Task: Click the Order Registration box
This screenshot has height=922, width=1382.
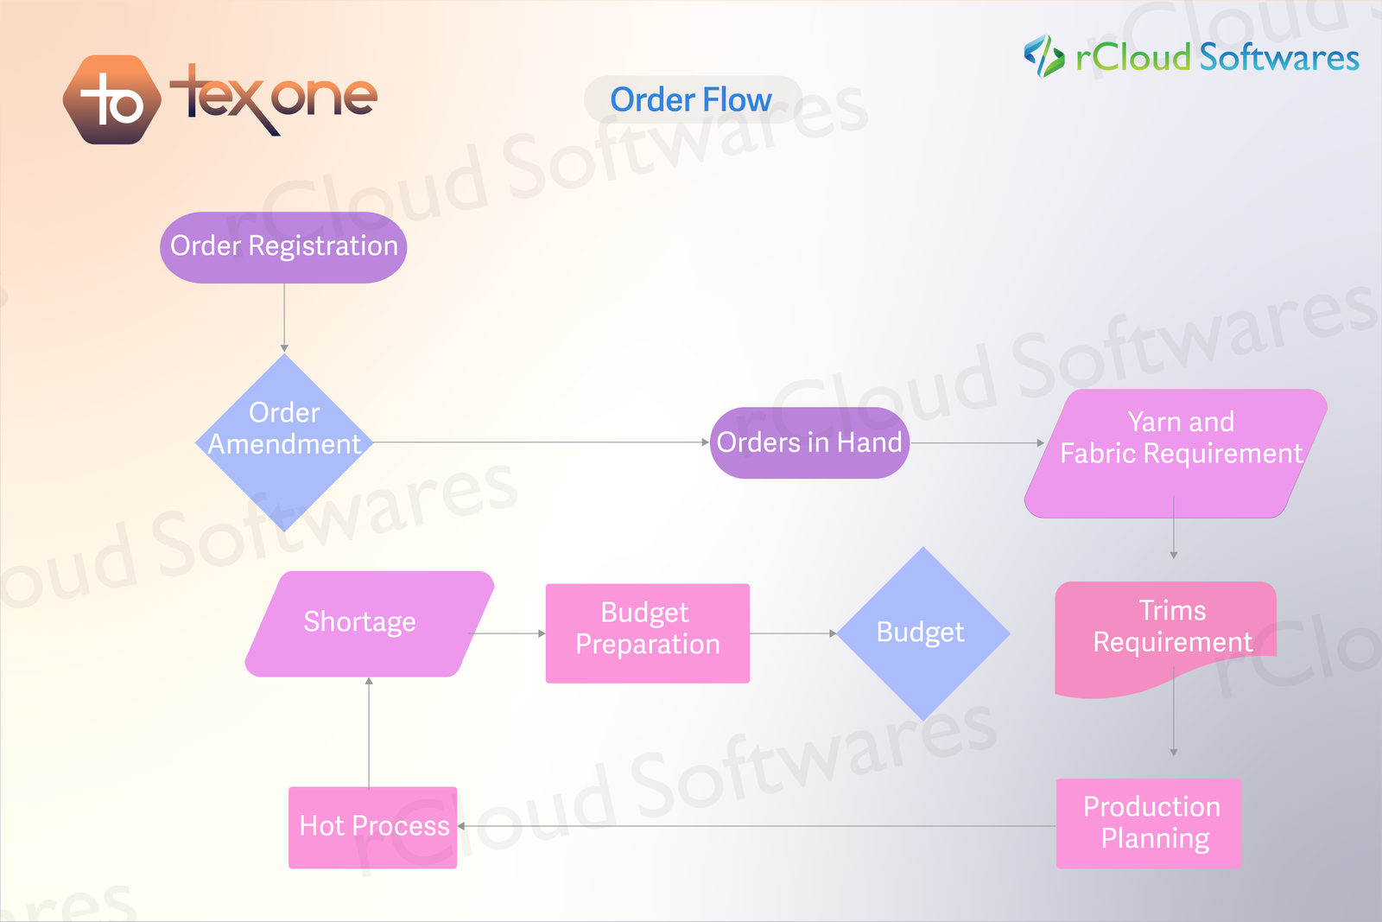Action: [283, 247]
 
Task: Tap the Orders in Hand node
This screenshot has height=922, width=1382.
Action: [809, 442]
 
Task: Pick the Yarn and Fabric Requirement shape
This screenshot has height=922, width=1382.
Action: [1176, 453]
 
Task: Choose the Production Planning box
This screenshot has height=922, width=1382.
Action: [1149, 823]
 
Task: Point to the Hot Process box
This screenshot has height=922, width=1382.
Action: [372, 827]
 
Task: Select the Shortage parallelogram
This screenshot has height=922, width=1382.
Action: [369, 623]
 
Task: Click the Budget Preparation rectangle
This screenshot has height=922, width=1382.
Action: [647, 633]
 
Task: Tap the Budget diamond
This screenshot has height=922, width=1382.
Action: [923, 633]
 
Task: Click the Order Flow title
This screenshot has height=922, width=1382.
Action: [691, 100]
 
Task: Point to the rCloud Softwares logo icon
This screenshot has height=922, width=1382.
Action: [1043, 56]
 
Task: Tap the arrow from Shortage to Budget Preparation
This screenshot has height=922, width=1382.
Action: [508, 633]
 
